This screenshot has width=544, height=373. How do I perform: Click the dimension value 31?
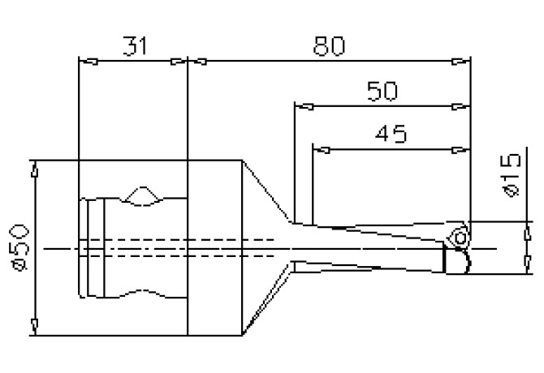[x=136, y=46]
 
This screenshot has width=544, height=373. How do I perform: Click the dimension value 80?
[x=329, y=46]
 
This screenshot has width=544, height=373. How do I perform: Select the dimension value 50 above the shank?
[x=382, y=91]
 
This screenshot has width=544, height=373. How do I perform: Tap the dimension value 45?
[x=391, y=132]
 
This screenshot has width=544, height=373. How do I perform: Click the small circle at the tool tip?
[x=460, y=238]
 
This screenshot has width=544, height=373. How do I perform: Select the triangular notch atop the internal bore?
[x=141, y=195]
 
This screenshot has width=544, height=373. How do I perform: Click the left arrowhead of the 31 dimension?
[x=89, y=61]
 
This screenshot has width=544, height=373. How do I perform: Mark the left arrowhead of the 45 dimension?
[x=322, y=148]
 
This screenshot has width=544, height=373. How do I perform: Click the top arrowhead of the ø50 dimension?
[x=34, y=169]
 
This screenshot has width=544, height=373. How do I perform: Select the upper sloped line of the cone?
[x=266, y=191]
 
